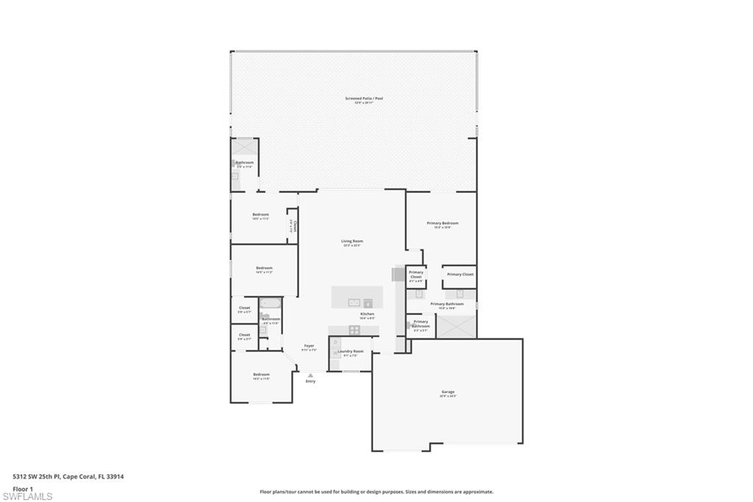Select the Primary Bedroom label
click(x=443, y=225)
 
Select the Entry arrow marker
click(x=310, y=375)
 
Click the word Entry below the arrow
click(x=310, y=381)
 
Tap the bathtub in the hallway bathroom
click(x=271, y=303)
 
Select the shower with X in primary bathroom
click(x=456, y=326)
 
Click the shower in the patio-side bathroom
click(x=244, y=147)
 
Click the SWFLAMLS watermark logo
click(x=27, y=496)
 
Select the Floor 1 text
click(x=23, y=489)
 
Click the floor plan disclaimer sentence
click(x=376, y=492)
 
